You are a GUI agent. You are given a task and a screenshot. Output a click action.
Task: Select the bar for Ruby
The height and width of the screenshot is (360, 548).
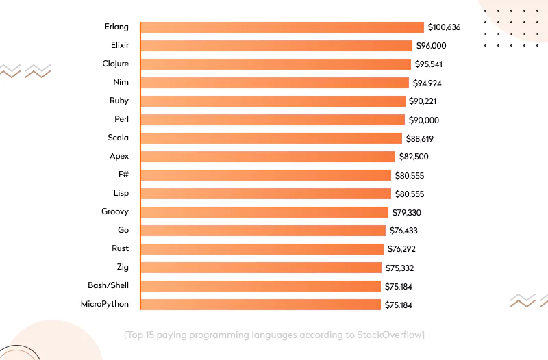pos(273,101)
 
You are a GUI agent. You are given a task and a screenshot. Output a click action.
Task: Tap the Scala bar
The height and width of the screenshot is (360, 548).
pos(271,138)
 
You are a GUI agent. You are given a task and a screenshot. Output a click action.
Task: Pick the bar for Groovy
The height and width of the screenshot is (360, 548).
pos(264,212)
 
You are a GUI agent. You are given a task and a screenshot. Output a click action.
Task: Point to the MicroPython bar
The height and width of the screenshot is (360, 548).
pos(260,305)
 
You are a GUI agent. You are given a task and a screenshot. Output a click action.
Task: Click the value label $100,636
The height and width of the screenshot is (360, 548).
pos(444,27)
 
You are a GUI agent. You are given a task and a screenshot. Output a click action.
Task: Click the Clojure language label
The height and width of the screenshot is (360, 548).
pos(115,64)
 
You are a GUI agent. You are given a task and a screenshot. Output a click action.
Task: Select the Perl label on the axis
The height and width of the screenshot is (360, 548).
pos(122,120)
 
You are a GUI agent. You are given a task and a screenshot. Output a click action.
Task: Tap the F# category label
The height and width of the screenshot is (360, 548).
pos(123,175)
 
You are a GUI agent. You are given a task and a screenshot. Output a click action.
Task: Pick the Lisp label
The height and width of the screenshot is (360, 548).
pos(121,194)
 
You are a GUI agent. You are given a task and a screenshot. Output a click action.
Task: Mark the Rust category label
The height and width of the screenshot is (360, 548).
pos(120,249)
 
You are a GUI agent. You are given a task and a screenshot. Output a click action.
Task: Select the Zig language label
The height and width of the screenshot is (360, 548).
pos(123,268)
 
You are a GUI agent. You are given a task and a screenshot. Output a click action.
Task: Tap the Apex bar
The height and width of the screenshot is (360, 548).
pos(268,157)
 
